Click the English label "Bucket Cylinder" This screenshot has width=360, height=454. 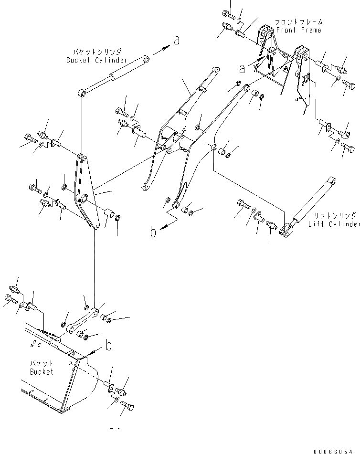[97, 60]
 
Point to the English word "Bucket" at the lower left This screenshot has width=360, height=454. [42, 371]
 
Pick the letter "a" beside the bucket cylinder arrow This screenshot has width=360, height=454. [177, 41]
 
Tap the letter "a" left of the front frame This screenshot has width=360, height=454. [243, 69]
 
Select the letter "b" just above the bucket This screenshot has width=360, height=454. [109, 346]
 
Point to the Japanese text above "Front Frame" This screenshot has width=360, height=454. [298, 22]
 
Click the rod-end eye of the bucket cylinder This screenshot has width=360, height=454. [84, 92]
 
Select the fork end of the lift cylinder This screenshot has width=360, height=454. [287, 230]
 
